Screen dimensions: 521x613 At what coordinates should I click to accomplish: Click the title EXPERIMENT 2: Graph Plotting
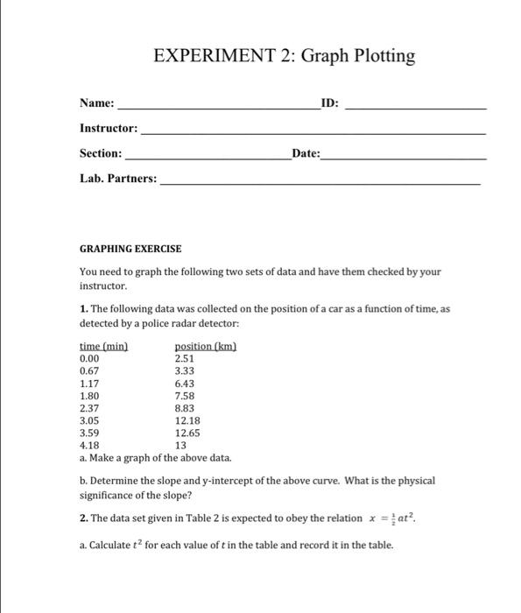coord(285,57)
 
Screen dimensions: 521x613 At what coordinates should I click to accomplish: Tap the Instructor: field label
coord(109,129)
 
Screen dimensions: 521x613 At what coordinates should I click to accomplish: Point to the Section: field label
coord(101,153)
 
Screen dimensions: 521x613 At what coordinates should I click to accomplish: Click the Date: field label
coord(306,153)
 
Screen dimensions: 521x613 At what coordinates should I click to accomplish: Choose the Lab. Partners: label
coord(119,179)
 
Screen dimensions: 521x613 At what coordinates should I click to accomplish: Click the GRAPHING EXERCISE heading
coord(130,249)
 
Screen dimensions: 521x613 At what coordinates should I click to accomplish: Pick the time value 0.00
coord(89,358)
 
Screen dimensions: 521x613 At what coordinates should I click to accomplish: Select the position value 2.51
coord(185,358)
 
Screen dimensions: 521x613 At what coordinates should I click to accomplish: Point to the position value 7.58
coord(185,395)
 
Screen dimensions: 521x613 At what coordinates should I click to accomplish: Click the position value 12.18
coord(187,419)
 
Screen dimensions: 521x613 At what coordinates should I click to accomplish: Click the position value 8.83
coord(185,407)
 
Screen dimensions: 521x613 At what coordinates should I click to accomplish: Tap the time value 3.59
coord(89,432)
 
